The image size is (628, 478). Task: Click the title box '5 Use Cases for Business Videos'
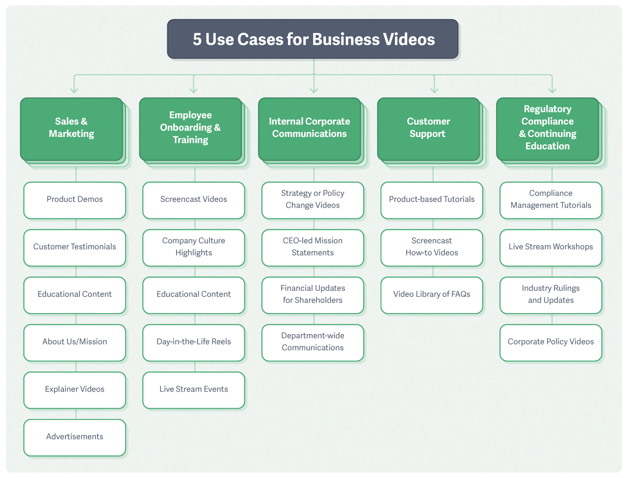313,39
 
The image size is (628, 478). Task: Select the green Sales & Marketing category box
72,129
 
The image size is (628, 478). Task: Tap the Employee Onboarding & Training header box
190,129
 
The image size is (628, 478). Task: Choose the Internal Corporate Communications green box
310,129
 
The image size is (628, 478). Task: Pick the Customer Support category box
428,129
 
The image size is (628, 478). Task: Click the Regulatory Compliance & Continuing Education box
548,129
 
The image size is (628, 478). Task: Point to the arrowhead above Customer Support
434,90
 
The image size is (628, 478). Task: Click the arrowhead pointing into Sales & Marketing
74,90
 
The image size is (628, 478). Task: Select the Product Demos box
75,200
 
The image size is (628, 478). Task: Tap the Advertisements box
75,437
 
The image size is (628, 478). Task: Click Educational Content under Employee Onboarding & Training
193,295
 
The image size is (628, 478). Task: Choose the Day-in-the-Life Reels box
193,342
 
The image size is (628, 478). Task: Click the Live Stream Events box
193,390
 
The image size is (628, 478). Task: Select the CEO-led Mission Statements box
313,247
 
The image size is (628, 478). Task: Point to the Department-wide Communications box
313,342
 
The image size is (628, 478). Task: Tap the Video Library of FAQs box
432,295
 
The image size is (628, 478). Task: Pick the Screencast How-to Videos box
432,247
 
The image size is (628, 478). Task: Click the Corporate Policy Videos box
550,342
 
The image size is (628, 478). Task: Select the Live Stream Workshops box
550,247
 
